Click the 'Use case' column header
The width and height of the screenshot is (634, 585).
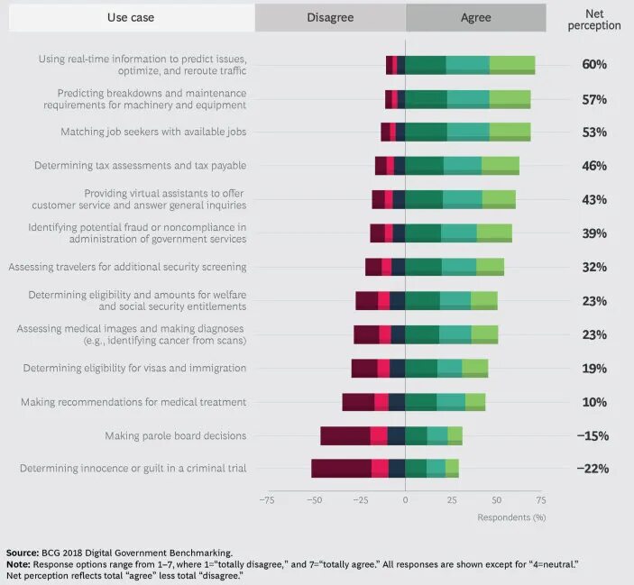point(130,17)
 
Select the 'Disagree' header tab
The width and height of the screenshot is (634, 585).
point(329,17)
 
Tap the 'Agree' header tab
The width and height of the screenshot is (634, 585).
point(475,17)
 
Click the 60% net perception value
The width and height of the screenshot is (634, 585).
point(594,65)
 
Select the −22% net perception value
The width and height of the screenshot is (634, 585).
point(593,469)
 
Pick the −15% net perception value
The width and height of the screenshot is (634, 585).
point(593,435)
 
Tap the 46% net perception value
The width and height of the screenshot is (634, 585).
point(594,166)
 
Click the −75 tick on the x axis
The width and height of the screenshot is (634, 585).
point(267,499)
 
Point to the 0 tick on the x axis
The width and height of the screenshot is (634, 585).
point(405,499)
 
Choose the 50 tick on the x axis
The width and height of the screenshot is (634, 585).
point(496,499)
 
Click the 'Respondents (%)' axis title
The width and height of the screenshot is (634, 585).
point(511,517)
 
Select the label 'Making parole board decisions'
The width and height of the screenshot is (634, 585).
point(175,436)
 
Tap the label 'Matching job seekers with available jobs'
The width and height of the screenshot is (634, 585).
point(153,133)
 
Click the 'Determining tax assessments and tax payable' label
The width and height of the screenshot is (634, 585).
point(140,166)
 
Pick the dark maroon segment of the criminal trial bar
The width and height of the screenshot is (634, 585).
point(341,469)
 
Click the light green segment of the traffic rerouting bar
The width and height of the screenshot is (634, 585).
point(512,65)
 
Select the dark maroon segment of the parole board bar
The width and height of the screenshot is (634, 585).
point(345,435)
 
